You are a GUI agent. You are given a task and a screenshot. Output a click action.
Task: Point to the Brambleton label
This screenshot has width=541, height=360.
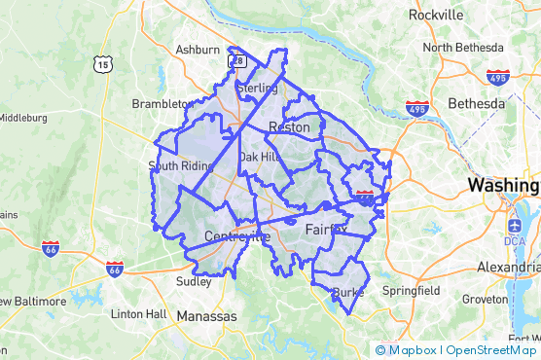click(162, 103)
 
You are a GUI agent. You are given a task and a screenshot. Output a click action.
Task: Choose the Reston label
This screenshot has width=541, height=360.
click(289, 127)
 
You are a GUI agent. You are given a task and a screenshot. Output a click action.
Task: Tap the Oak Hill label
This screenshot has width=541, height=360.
click(260, 156)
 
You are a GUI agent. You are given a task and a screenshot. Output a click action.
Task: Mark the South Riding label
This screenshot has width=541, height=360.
click(180, 166)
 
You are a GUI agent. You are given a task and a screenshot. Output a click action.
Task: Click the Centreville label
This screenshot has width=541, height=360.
click(237, 236)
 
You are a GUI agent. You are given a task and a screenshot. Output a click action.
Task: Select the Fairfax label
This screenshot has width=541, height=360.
click(325, 230)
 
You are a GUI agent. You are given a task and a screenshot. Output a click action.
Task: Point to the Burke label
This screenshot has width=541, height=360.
click(347, 293)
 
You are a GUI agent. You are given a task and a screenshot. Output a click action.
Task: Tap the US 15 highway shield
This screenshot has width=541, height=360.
click(103, 64)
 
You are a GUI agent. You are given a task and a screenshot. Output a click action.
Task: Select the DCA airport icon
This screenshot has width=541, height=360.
click(515, 240)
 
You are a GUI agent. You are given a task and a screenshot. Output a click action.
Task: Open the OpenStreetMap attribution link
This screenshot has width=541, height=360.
click(491, 350)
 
